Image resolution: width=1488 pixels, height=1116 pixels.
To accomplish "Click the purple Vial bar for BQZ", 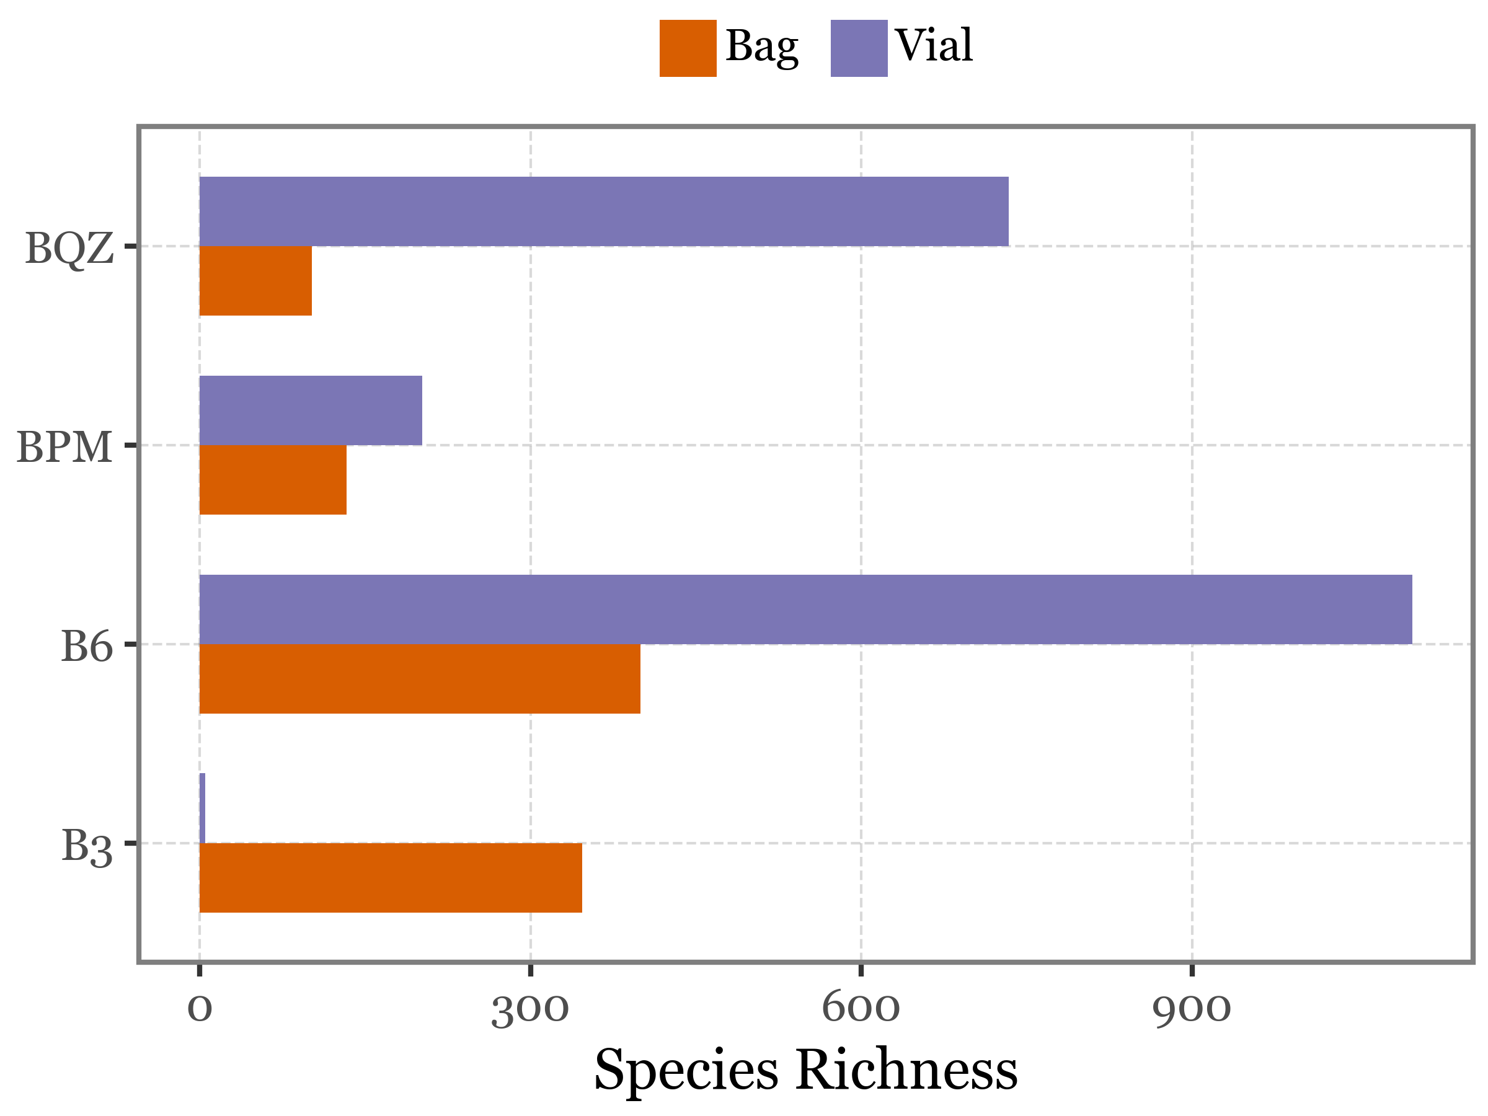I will (x=603, y=211).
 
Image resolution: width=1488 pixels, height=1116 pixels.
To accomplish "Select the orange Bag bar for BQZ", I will (x=255, y=280).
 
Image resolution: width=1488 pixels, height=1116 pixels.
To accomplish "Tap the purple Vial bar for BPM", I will (x=311, y=410).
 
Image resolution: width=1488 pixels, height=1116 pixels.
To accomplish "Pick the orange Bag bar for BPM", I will (x=273, y=480).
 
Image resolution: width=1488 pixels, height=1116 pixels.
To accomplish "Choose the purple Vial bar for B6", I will (x=805, y=609).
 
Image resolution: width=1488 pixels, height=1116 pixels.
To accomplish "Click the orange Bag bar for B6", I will (x=420, y=679).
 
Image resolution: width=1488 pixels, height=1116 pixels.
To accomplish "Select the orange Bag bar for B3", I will (x=391, y=878).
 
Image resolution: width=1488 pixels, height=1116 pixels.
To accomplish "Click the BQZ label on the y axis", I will (x=69, y=248).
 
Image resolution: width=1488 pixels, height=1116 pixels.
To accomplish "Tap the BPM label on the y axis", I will (x=64, y=446).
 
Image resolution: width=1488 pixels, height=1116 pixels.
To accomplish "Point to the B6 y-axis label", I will (x=87, y=646).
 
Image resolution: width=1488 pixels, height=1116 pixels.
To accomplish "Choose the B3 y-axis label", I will (x=87, y=846).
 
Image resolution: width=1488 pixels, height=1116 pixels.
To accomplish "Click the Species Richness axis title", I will (x=805, y=1070).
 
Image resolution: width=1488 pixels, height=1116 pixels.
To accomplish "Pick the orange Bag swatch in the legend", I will (x=688, y=48).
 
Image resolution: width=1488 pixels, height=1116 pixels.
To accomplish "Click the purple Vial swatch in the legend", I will (x=859, y=48).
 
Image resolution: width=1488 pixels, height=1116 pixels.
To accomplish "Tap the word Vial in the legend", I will (x=934, y=46).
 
